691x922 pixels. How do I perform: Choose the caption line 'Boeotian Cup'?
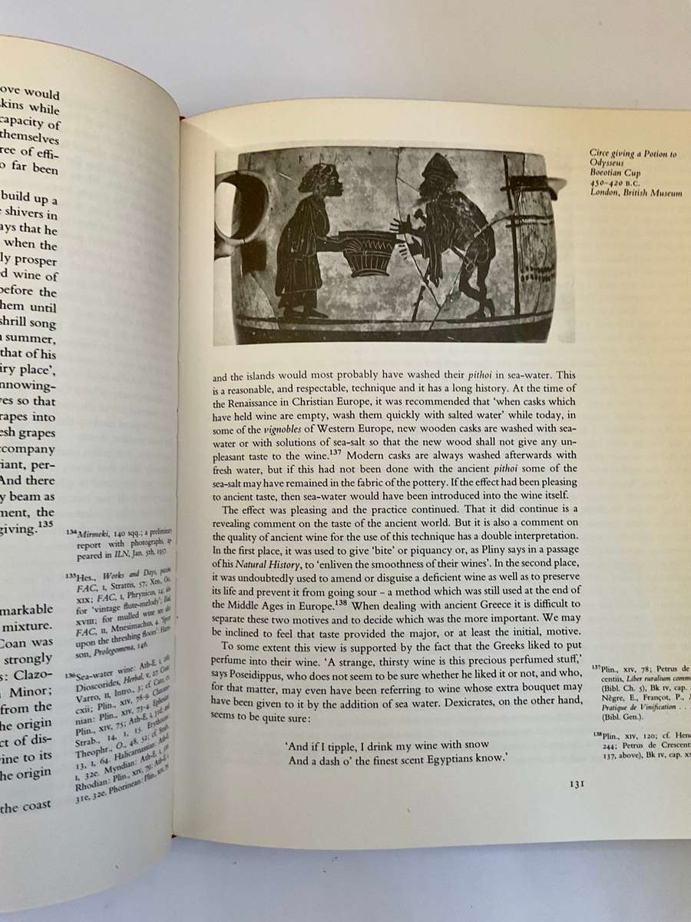(x=611, y=174)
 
